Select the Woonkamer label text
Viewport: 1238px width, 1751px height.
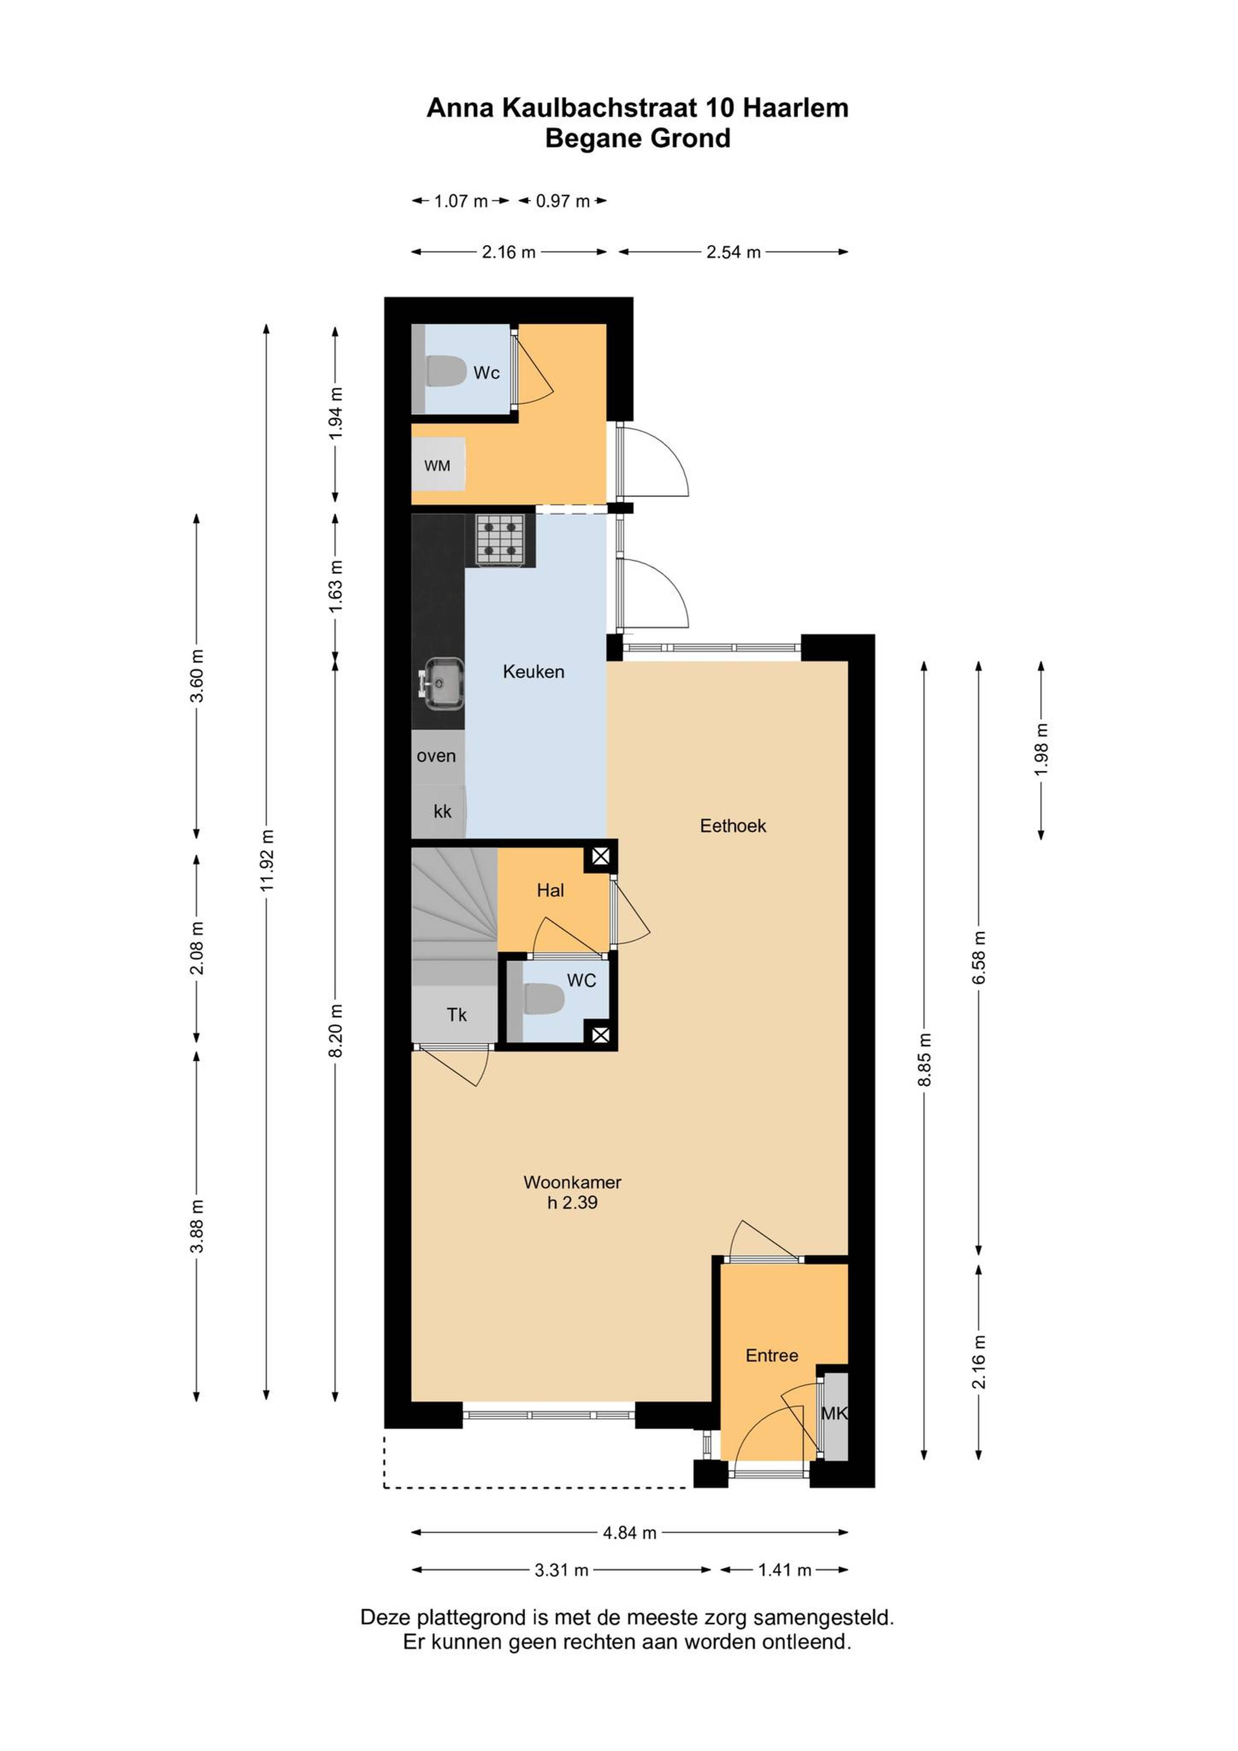click(x=572, y=1182)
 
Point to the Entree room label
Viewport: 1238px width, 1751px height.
click(x=772, y=1355)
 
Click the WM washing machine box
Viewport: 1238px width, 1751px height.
click(x=438, y=465)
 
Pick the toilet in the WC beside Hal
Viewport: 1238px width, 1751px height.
click(x=543, y=999)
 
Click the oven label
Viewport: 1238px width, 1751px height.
click(x=436, y=756)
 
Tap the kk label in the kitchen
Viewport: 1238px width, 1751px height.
click(x=442, y=812)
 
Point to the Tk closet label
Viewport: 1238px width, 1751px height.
click(x=457, y=1014)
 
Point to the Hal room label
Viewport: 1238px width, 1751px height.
click(x=550, y=890)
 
